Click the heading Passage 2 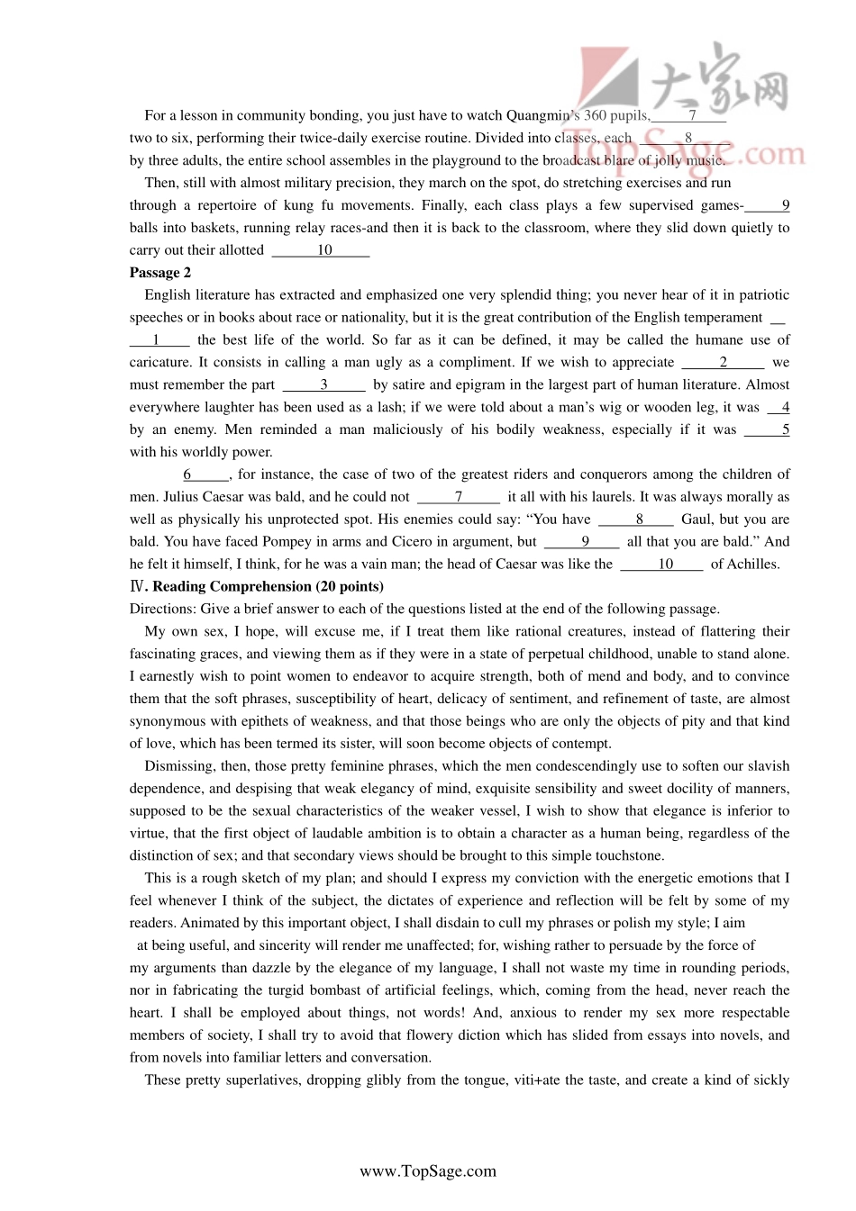point(159,273)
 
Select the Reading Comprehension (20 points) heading point(268,586)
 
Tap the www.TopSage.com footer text point(428,1171)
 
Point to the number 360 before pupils point(595,115)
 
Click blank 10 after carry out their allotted point(323,250)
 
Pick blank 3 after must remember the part point(323,384)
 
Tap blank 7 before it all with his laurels point(459,497)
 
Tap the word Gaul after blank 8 point(697,520)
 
